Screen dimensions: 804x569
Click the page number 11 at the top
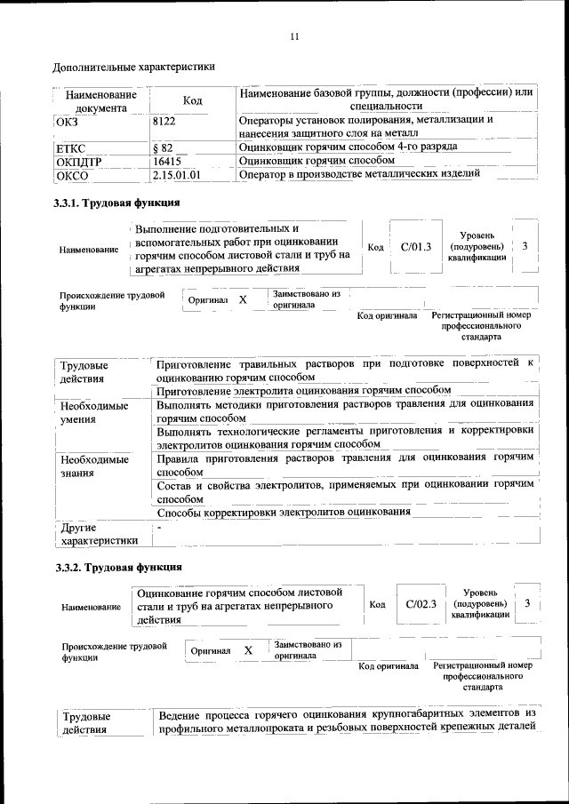pyautogui.click(x=294, y=36)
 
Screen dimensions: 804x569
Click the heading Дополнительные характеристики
pyautogui.click(x=133, y=66)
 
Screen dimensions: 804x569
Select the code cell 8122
pyautogui.click(x=165, y=118)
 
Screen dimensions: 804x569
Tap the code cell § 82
pyautogui.click(x=162, y=146)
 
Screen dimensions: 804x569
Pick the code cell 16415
pyautogui.click(x=167, y=161)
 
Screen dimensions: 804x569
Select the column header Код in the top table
pyautogui.click(x=192, y=101)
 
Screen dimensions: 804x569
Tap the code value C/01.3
pyautogui.click(x=415, y=246)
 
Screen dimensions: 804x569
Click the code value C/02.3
pyautogui.click(x=421, y=604)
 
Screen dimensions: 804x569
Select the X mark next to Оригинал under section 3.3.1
pyautogui.click(x=242, y=300)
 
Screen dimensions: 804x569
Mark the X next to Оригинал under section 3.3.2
pyautogui.click(x=248, y=650)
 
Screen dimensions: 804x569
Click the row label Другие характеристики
pyautogui.click(x=98, y=533)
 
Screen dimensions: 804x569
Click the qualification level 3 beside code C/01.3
pyautogui.click(x=525, y=245)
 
